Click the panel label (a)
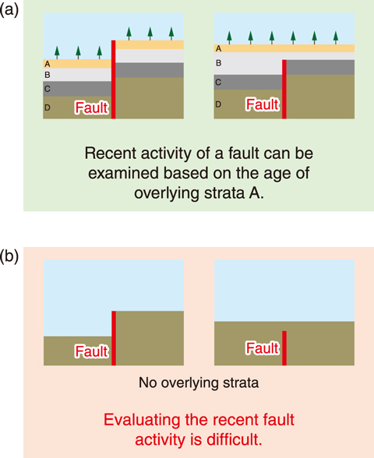point(9,11)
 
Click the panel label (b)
point(9,256)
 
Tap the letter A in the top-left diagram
point(48,64)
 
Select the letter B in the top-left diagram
point(48,75)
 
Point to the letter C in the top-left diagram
point(48,89)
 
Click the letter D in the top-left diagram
point(48,107)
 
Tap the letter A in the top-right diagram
point(218,49)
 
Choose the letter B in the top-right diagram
point(218,63)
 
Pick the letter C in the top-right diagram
point(218,83)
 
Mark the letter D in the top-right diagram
point(218,104)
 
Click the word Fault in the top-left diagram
point(92,107)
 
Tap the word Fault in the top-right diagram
point(263,104)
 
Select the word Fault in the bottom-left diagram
point(92,351)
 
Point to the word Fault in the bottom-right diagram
point(263,348)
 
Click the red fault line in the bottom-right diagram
point(284,348)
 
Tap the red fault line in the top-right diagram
point(284,89)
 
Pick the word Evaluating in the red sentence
point(142,421)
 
